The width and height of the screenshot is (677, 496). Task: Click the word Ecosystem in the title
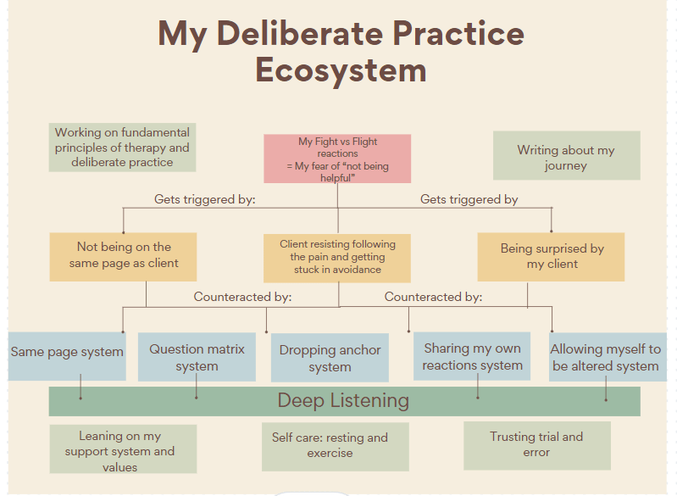(341, 70)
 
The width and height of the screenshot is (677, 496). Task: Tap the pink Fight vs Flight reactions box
(337, 159)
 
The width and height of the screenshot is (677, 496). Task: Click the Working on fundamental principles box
(122, 148)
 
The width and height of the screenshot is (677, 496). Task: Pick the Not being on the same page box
(124, 255)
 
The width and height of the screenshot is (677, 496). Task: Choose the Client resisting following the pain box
(337, 257)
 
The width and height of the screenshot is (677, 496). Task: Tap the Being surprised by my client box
(552, 256)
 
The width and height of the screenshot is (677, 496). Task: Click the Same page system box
(67, 352)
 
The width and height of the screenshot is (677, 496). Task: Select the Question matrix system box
(197, 357)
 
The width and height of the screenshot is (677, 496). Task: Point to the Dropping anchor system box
(330, 358)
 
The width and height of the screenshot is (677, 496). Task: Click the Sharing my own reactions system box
(473, 356)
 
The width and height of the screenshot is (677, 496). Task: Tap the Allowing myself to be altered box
(606, 357)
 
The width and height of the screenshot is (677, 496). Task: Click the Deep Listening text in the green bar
(343, 400)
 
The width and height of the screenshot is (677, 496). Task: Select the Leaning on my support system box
(123, 449)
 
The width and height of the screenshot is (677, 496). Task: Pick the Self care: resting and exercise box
(335, 446)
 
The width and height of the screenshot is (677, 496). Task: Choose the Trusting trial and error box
(536, 445)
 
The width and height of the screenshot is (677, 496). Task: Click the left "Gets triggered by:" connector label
(205, 200)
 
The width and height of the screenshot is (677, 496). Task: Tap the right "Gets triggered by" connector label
(469, 200)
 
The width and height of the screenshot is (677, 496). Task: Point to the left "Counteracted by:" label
(242, 297)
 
